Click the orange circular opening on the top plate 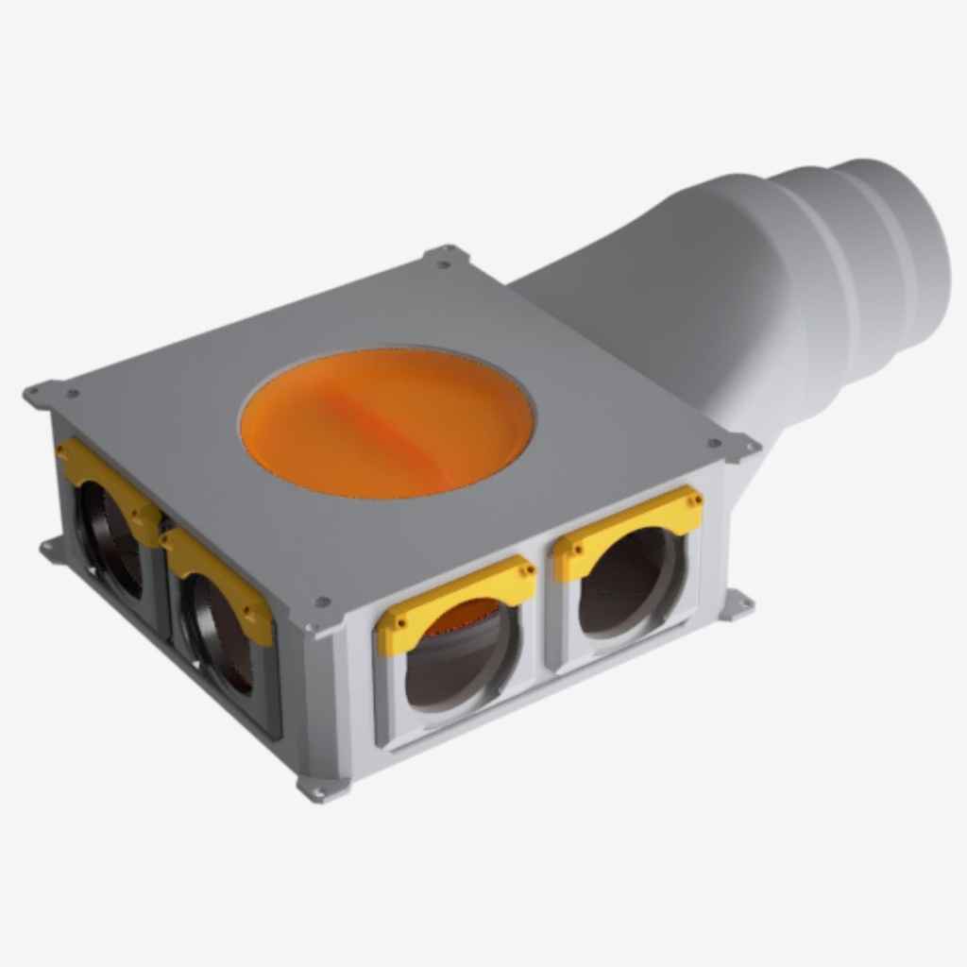pos(387,421)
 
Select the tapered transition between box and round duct pos(661,312)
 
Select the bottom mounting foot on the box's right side pos(737,604)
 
